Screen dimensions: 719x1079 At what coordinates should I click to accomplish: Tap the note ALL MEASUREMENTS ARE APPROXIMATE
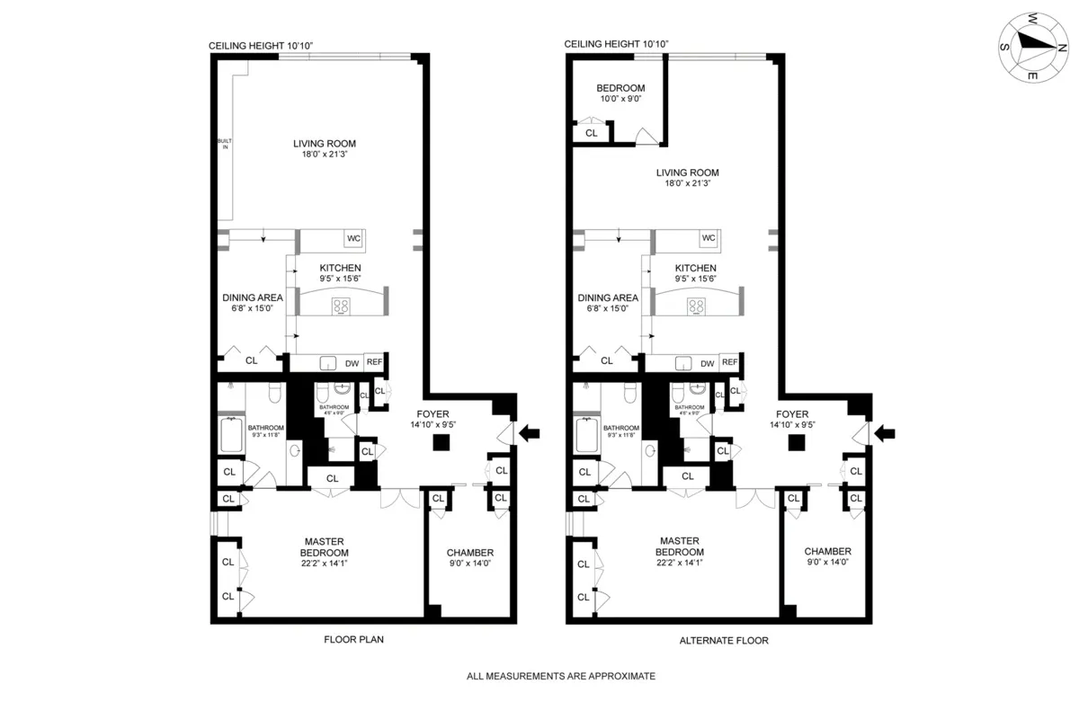click(560, 676)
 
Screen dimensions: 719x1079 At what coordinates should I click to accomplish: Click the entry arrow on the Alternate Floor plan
click(886, 434)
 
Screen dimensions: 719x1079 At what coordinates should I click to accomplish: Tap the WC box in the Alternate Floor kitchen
click(709, 238)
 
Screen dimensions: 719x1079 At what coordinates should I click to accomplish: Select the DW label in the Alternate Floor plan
click(708, 363)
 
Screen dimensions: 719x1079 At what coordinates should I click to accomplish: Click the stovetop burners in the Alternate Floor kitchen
click(696, 306)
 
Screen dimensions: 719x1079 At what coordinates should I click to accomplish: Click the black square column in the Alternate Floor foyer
click(795, 442)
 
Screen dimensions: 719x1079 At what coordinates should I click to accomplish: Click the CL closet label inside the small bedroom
click(591, 133)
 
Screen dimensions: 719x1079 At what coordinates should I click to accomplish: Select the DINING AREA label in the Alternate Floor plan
click(608, 303)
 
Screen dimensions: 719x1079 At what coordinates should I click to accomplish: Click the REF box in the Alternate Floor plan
click(729, 362)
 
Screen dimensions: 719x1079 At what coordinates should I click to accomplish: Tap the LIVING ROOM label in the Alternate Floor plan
click(688, 178)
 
